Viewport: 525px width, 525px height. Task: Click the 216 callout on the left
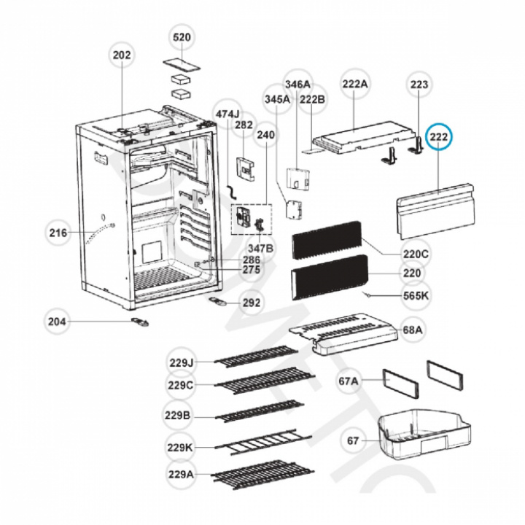click(58, 233)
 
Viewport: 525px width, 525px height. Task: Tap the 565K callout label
click(416, 296)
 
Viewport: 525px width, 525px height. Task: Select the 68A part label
click(413, 330)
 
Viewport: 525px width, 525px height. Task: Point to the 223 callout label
click(419, 85)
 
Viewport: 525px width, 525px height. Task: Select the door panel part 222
click(436, 210)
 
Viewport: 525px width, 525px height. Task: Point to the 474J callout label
click(227, 114)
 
